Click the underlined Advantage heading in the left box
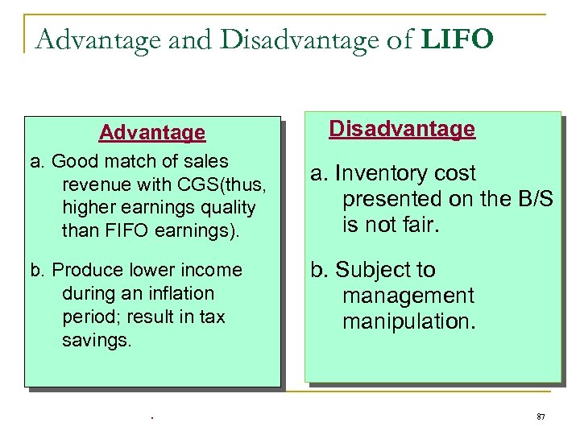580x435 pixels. [x=152, y=132]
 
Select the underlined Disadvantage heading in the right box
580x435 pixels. [x=402, y=129]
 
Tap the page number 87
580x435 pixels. [x=541, y=416]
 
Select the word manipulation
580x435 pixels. [x=408, y=322]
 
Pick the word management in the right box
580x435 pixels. [x=408, y=296]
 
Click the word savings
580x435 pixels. [x=95, y=341]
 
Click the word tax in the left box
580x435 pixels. [x=212, y=317]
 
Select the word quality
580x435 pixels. [x=226, y=208]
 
